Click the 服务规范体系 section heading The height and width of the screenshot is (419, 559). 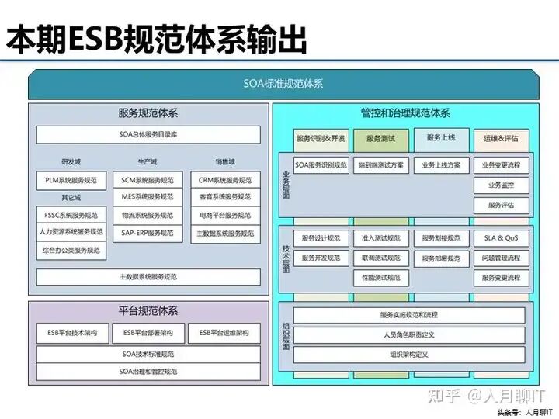click(148, 113)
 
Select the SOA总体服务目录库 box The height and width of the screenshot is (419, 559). click(148, 134)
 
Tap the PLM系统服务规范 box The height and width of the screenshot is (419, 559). click(71, 180)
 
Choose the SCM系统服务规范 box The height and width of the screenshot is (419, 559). click(148, 180)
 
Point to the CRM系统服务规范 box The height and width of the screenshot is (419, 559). click(226, 180)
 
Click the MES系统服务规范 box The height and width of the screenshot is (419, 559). click(148, 197)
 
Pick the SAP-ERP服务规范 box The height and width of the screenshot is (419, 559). click(148, 233)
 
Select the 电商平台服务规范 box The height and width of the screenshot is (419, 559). click(226, 215)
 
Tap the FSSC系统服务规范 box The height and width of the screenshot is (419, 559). click(71, 215)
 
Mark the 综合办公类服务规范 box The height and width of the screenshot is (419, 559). click(71, 250)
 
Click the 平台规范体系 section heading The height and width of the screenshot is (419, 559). click(148, 311)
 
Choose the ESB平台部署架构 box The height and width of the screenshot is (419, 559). click(148, 333)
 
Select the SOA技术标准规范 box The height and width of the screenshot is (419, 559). click(148, 353)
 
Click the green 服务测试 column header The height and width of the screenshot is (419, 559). click(380, 138)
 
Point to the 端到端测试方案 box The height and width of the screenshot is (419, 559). click(380, 165)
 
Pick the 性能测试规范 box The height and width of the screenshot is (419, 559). click(380, 277)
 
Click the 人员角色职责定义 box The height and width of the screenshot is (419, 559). click(409, 335)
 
